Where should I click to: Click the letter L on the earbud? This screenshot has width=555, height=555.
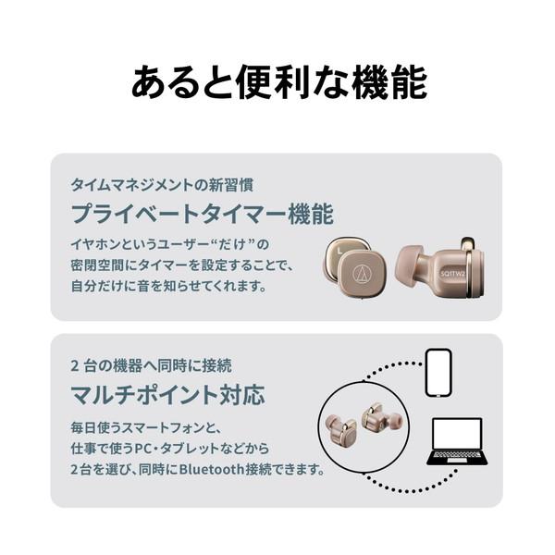tap(342, 248)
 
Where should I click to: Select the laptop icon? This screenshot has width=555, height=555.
tap(456, 441)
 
